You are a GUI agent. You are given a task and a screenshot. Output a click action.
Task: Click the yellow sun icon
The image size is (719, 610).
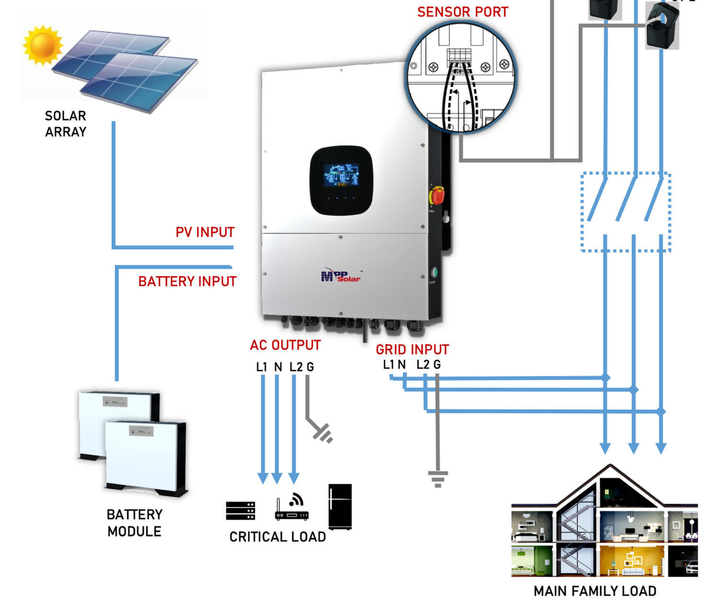42,45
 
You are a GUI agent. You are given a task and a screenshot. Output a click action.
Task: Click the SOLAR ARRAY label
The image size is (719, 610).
66,124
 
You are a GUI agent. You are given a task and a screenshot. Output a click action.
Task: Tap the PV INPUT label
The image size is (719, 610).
205,232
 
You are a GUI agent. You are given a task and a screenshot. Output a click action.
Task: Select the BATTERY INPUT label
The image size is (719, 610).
187,281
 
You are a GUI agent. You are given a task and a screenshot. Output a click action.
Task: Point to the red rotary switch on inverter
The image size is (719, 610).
437,196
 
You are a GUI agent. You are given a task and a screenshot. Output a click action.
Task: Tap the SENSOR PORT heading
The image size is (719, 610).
463,12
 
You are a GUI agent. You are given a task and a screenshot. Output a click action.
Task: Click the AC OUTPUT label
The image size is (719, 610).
285,345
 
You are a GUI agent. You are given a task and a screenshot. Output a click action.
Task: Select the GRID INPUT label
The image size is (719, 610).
412,349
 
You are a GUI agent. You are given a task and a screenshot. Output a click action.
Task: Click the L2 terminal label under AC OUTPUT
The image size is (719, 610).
296,367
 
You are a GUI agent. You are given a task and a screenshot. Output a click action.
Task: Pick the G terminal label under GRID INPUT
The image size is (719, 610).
437,365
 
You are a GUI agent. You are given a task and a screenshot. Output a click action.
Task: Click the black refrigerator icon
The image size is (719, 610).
340,506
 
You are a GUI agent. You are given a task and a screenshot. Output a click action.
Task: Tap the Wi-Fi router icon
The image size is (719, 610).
291,508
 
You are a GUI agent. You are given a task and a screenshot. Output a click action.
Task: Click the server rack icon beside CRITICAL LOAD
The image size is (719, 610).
241,511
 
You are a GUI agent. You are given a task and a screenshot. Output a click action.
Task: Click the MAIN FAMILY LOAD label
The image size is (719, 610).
595,591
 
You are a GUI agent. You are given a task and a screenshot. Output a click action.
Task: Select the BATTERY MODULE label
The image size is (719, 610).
134,523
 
